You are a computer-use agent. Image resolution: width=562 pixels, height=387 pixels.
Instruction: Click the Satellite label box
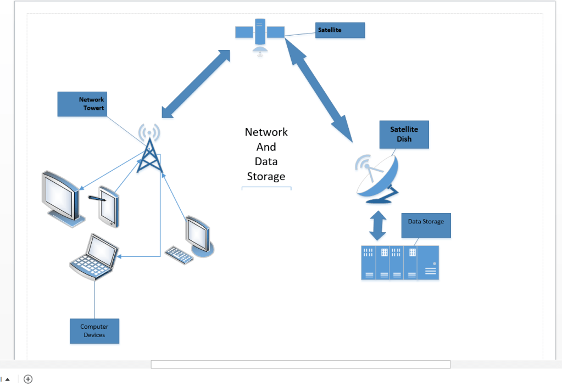pos(341,30)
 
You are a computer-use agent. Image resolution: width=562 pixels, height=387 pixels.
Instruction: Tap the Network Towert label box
pos(81,104)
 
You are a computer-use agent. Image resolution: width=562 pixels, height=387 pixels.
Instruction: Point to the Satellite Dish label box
pos(404,134)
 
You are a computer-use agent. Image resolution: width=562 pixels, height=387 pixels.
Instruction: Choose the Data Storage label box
pos(426,225)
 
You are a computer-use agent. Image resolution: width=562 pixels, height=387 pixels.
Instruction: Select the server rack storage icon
pos(400,263)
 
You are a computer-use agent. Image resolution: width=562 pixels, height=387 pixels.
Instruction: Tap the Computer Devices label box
pos(94,331)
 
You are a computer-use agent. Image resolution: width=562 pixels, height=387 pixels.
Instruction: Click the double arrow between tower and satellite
pos(196,83)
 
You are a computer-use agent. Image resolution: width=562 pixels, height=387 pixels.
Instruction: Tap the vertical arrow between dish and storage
pos(377,225)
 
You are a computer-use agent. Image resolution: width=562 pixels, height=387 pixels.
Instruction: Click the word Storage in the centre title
pos(266,176)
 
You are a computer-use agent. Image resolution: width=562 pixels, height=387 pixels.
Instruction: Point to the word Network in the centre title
pos(266,132)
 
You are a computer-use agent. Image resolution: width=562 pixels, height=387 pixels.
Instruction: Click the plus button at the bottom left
pos(28,379)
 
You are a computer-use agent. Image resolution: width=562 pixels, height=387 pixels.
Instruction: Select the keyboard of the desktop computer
pos(179,255)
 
